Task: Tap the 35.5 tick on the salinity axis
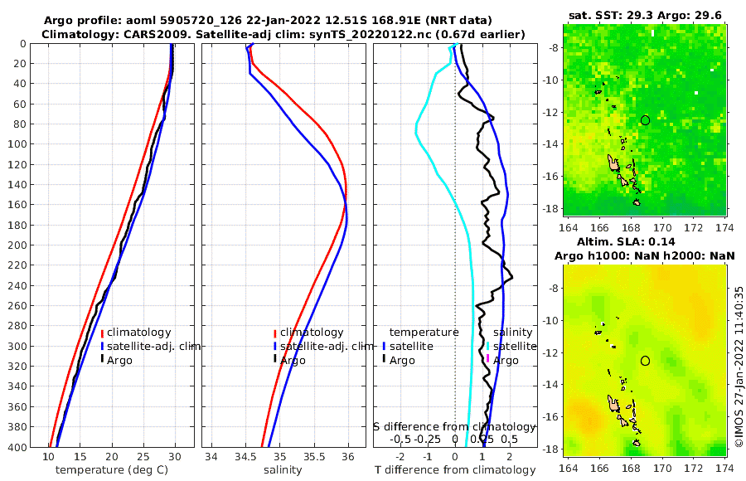pyautogui.click(x=315, y=457)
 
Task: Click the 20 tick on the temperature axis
pyautogui.click(x=112, y=457)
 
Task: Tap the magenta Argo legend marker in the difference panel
pyautogui.click(x=488, y=360)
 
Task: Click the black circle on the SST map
pyautogui.click(x=646, y=120)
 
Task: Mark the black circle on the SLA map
pyautogui.click(x=646, y=360)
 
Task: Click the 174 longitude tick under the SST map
pyautogui.click(x=725, y=226)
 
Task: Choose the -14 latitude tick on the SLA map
pyautogui.click(x=551, y=385)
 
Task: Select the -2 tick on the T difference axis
pyautogui.click(x=401, y=457)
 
